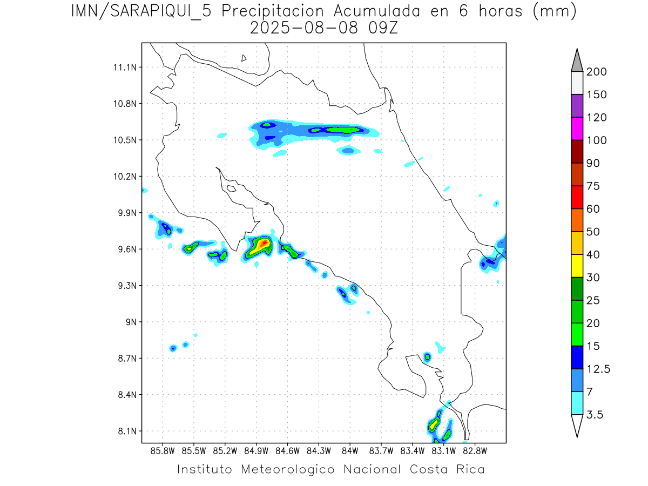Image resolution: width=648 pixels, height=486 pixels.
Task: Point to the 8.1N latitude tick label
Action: [x=125, y=431]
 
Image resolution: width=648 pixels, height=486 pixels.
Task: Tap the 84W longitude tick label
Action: [x=350, y=450]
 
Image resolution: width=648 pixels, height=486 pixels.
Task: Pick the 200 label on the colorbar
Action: [x=596, y=72]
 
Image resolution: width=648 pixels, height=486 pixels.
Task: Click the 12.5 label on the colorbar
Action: [x=598, y=369]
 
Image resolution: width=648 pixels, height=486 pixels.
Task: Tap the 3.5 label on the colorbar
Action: [x=595, y=415]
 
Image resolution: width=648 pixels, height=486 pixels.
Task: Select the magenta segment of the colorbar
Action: [x=577, y=129]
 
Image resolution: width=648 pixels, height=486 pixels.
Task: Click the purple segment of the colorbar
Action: [x=577, y=106]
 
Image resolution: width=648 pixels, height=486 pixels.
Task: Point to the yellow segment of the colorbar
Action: [x=577, y=266]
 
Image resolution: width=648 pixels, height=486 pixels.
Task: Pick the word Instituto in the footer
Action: [x=205, y=469]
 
